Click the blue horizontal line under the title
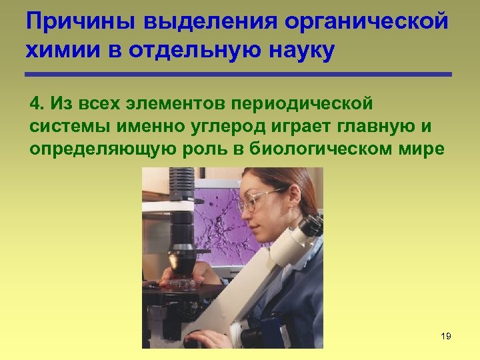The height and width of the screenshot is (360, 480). coord(239,74)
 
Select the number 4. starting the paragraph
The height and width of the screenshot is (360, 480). coord(37,104)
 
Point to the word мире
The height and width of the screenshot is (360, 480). coord(423,149)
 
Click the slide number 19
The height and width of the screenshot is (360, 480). coord(446,336)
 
